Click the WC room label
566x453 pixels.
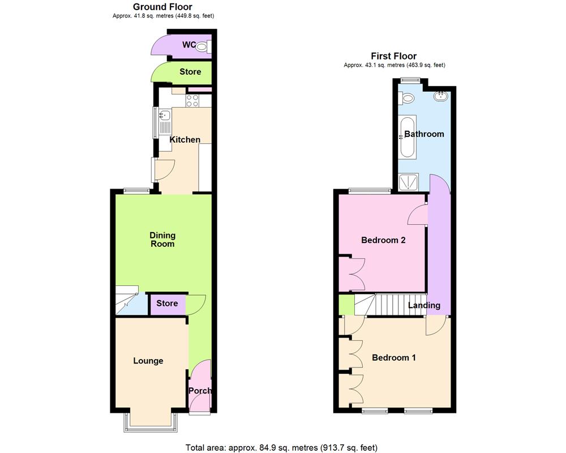(188, 45)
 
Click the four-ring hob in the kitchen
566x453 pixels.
(192, 100)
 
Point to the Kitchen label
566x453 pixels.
(185, 139)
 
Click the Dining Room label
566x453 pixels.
(162, 240)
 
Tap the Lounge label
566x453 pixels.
(148, 361)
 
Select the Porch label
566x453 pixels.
(200, 391)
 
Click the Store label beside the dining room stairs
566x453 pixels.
(167, 304)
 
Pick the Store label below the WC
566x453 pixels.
(190, 72)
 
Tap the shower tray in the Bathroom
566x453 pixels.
(407, 182)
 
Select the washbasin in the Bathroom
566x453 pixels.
(439, 97)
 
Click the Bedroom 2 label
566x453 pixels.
(383, 240)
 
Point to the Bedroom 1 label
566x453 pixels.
(394, 358)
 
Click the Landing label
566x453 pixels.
(424, 305)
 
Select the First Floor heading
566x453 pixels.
(393, 56)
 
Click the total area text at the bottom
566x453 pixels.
(281, 448)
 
